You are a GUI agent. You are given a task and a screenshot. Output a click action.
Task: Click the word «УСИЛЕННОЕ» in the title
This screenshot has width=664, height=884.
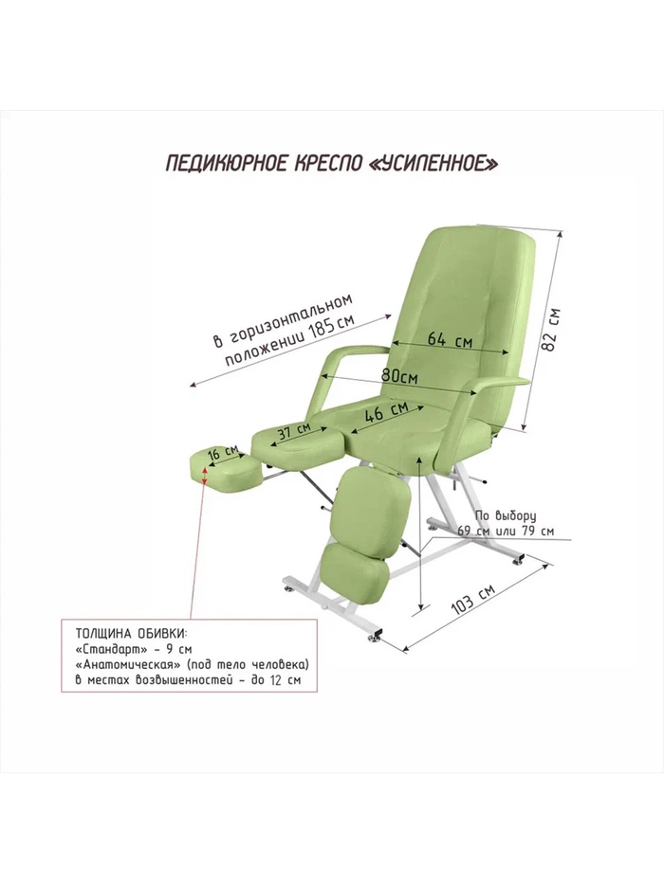tap(432, 163)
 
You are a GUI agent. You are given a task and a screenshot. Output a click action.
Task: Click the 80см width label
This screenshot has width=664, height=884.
tap(399, 374)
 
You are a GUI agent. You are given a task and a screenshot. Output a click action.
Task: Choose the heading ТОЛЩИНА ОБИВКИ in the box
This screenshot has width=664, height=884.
tap(129, 633)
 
